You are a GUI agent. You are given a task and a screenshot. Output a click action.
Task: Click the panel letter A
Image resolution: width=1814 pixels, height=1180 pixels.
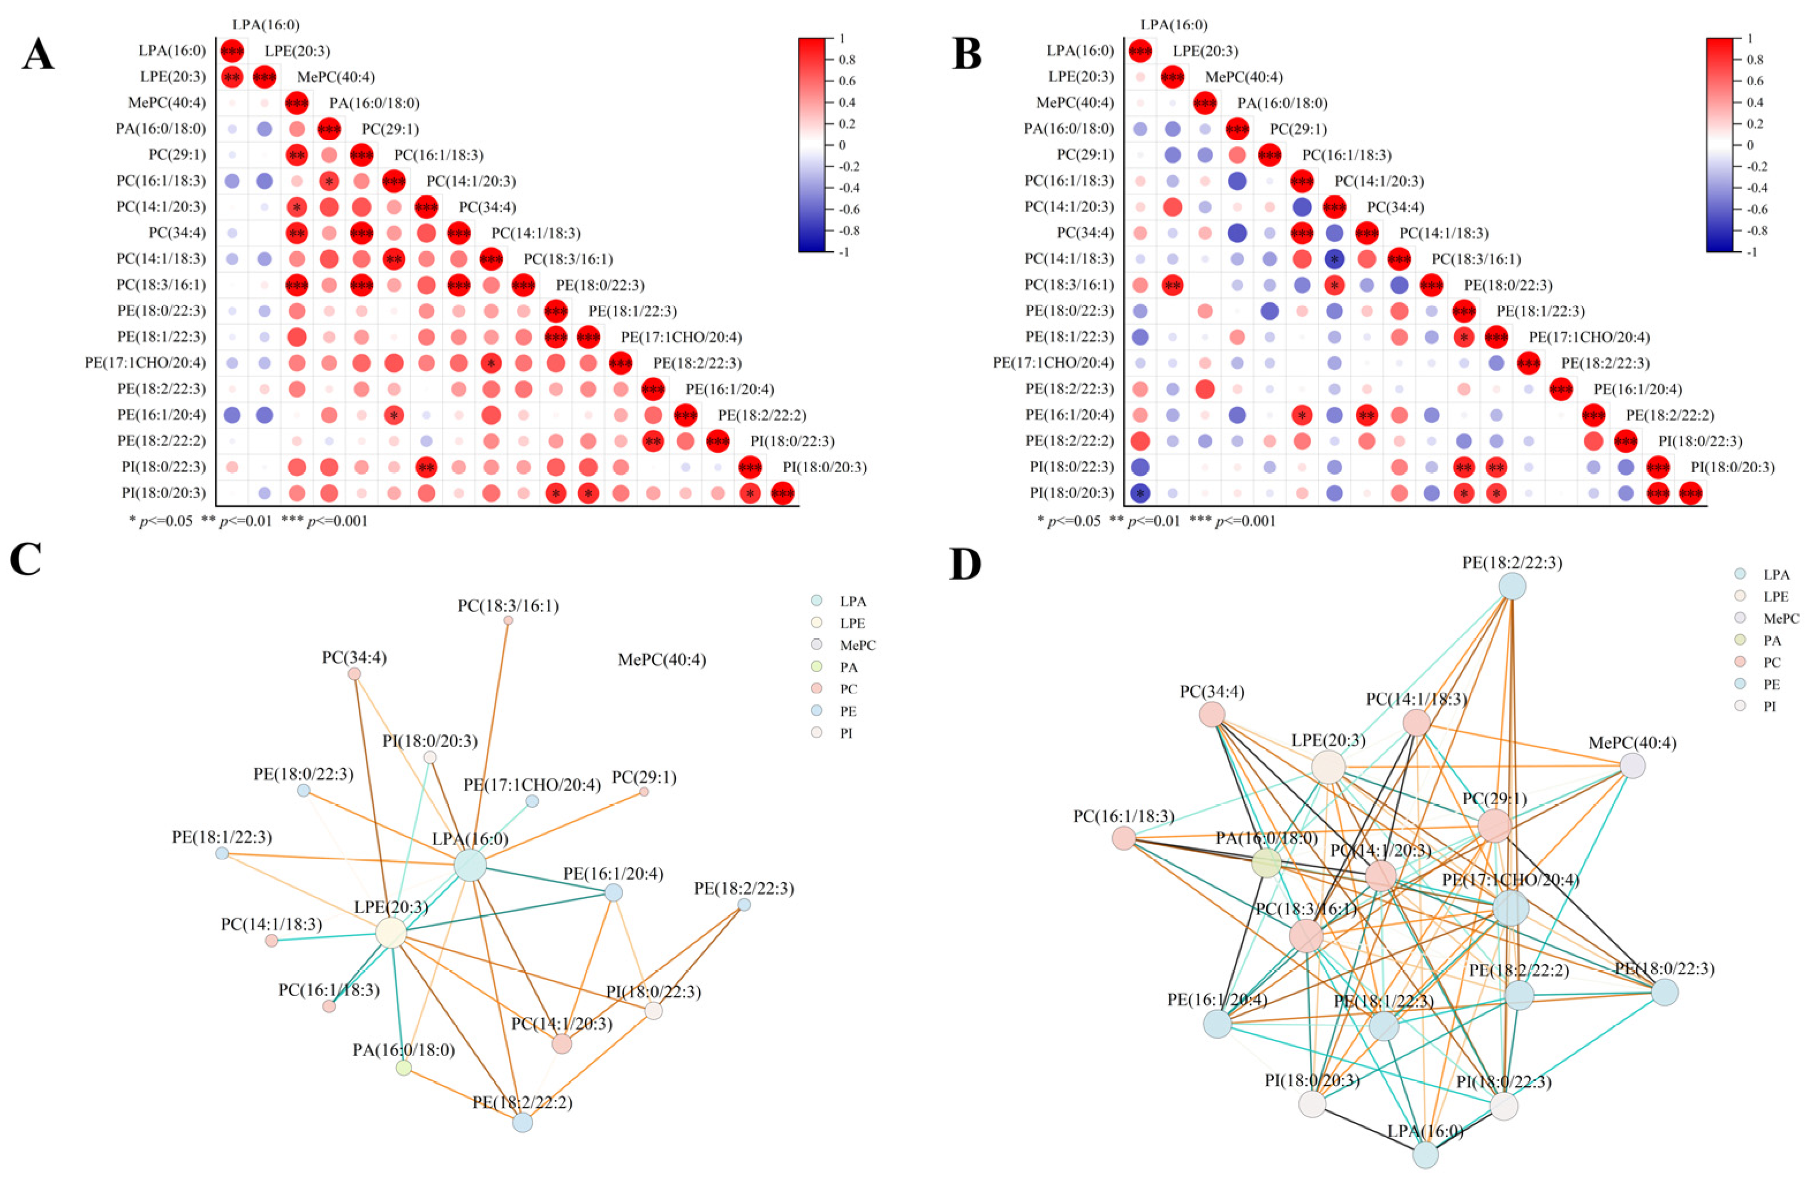pos(38,55)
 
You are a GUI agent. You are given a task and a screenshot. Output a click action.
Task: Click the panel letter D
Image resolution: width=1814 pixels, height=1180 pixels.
pos(966,564)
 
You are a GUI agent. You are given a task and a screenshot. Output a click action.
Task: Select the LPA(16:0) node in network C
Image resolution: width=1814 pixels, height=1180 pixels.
pos(470,866)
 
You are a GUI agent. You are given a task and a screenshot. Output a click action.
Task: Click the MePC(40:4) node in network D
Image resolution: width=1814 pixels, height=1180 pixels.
pos(1632,766)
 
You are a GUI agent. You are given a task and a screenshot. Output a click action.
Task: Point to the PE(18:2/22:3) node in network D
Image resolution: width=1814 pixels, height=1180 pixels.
pos(1512,587)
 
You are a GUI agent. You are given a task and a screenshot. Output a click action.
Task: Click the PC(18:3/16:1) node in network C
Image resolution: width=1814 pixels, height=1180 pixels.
pos(508,620)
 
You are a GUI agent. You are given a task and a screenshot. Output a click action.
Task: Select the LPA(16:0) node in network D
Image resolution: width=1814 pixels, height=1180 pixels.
pos(1425,1155)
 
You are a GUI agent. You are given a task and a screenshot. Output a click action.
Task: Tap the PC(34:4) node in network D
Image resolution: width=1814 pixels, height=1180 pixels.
pos(1212,715)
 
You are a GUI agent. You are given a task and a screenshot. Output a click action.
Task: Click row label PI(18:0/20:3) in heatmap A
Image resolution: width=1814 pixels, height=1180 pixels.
pos(163,493)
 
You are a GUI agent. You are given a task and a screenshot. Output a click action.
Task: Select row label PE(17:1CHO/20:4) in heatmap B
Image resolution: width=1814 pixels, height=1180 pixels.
pos(1053,363)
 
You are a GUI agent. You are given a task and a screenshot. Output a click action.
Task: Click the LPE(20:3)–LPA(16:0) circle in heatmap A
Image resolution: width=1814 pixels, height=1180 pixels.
pos(232,77)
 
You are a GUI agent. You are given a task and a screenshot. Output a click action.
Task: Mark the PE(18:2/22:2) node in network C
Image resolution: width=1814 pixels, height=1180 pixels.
pos(522,1122)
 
